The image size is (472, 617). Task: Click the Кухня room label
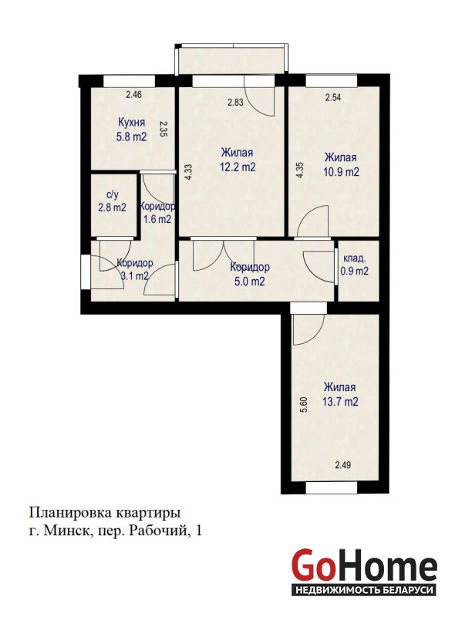132,122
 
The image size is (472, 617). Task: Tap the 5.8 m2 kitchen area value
131,137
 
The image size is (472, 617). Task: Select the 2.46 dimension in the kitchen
133,94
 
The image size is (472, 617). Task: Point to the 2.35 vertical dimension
164,129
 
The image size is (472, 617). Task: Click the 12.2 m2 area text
238,167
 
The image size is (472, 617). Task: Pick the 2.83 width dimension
235,103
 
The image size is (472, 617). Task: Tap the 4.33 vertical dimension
188,172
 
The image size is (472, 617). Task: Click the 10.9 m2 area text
341,172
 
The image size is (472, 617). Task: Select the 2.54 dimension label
332,98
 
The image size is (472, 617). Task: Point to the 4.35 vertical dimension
300,170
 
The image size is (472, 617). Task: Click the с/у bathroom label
112,195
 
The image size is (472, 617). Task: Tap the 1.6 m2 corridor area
157,219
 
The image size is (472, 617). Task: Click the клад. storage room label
355,258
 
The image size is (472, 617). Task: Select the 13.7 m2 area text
341,402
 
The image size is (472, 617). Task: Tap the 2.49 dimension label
342,465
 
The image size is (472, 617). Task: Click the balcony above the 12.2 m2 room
233,60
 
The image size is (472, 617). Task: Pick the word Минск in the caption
67,531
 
